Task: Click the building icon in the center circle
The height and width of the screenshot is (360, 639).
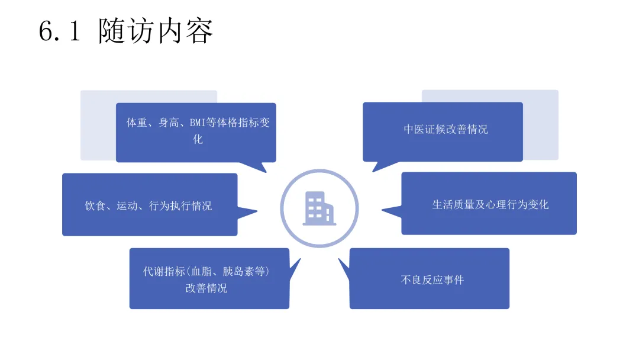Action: (x=318, y=208)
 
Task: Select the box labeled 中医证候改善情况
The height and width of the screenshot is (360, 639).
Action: (x=443, y=130)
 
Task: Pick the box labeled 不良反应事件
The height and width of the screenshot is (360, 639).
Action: (x=429, y=279)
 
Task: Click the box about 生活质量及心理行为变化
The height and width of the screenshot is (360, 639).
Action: (x=489, y=204)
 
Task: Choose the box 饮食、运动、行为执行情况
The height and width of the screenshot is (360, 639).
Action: (x=149, y=205)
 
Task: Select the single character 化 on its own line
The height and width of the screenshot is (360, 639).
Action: (x=198, y=140)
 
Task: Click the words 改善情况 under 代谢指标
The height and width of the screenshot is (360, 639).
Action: (x=206, y=288)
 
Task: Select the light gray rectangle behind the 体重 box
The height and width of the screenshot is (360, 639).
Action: (x=97, y=127)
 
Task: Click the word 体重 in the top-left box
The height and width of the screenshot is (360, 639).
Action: (x=137, y=123)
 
